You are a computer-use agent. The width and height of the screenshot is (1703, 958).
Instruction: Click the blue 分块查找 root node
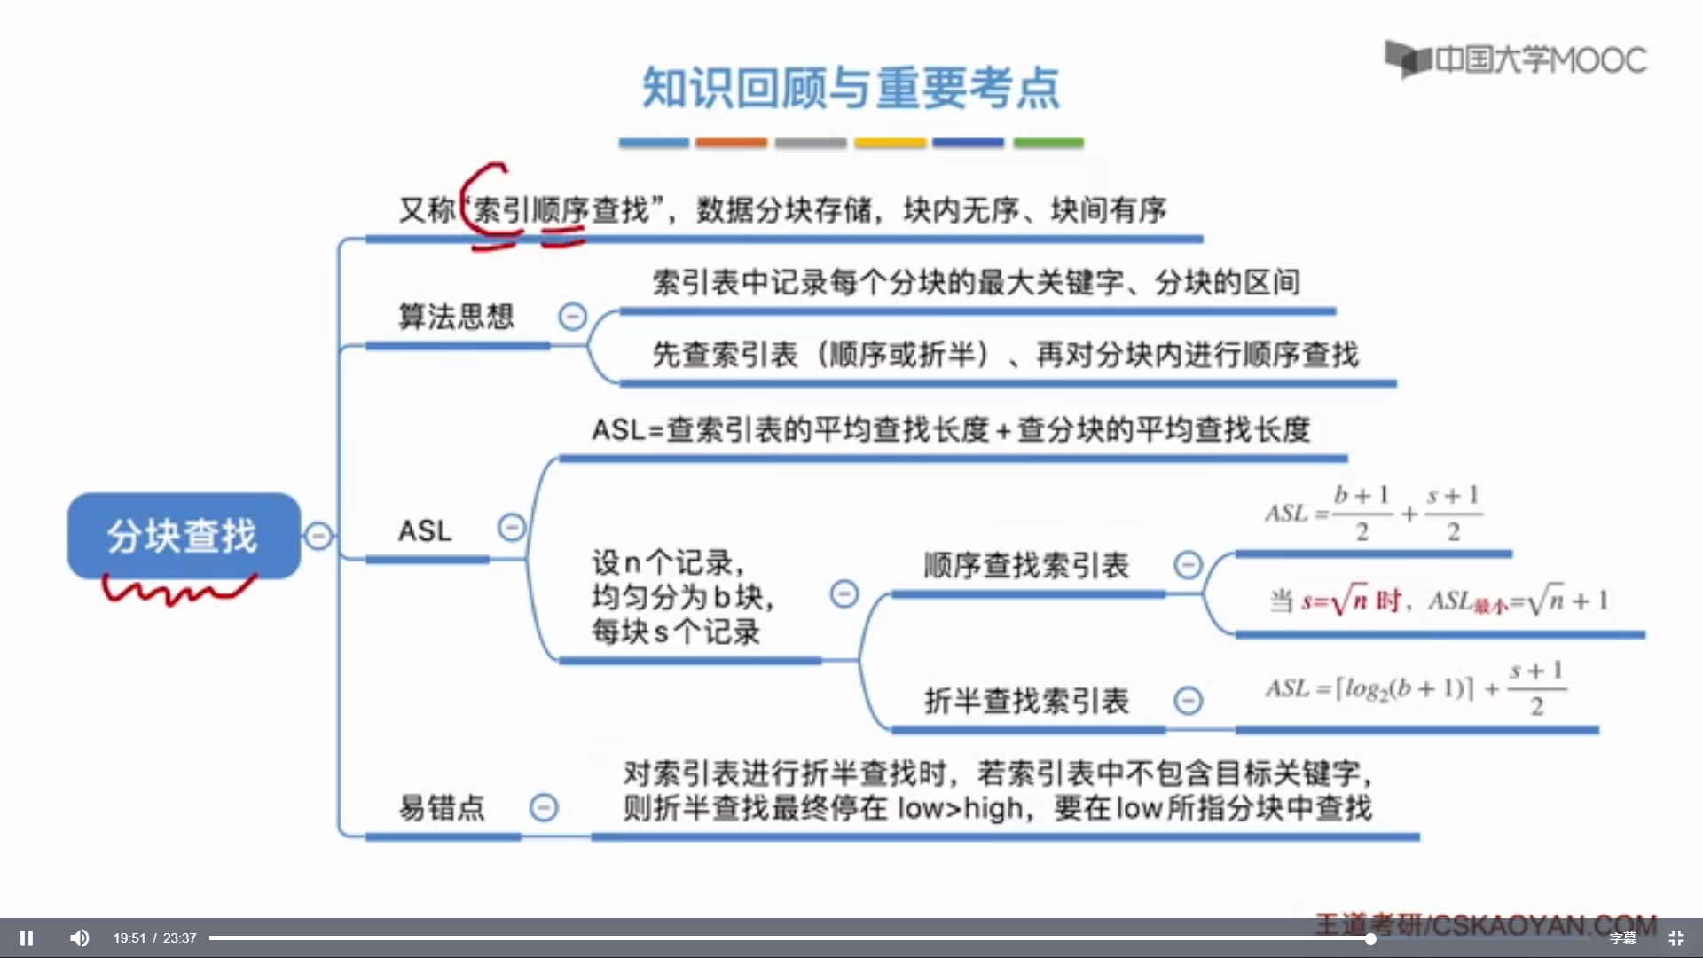click(184, 536)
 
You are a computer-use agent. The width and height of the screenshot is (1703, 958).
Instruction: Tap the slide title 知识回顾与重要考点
click(851, 88)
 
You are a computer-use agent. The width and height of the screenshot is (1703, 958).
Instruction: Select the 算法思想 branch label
click(456, 317)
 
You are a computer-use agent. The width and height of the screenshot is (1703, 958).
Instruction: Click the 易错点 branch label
click(442, 807)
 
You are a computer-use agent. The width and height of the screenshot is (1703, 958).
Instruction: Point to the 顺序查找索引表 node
click(1026, 565)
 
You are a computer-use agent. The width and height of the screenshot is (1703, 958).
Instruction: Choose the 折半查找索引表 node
click(1026, 701)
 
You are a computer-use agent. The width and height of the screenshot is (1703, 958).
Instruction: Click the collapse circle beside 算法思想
click(572, 316)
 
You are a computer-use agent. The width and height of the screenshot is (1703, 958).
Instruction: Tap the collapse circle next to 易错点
click(544, 807)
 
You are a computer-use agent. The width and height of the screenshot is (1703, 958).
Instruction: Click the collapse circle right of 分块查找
click(318, 536)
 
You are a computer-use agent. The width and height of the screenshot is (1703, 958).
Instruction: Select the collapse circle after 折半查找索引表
click(1188, 701)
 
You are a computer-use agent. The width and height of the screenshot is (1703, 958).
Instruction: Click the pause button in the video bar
click(27, 938)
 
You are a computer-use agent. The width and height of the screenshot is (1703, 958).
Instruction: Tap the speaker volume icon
click(80, 938)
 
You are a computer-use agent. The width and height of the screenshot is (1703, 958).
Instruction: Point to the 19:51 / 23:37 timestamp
click(154, 938)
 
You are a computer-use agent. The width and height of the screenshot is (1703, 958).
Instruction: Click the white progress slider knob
click(1370, 938)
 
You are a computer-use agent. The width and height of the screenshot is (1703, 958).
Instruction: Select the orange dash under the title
click(731, 143)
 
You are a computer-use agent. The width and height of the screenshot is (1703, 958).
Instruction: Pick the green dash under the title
click(1048, 143)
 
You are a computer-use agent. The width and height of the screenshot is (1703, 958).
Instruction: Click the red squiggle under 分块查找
click(177, 590)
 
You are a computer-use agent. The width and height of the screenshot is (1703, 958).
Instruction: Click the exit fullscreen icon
click(1676, 938)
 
